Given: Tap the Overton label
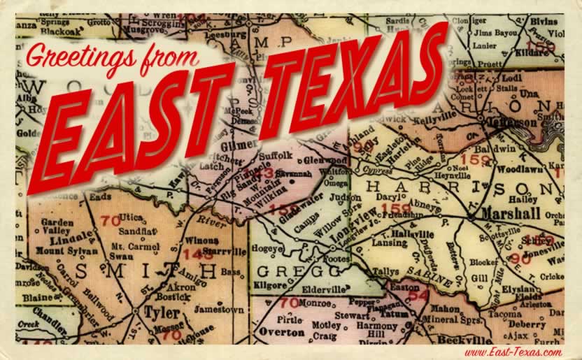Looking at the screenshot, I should [281, 332].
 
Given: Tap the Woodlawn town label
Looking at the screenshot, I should [522, 168].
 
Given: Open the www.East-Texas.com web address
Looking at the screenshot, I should [511, 352].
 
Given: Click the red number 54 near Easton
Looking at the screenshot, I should [418, 295].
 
